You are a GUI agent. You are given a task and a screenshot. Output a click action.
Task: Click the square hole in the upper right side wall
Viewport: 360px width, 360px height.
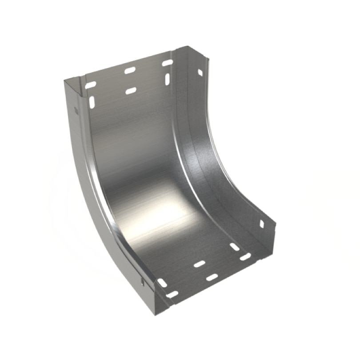pyautogui.click(x=200, y=72)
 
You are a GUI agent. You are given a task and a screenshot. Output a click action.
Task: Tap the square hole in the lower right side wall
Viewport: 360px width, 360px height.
pyautogui.click(x=261, y=224)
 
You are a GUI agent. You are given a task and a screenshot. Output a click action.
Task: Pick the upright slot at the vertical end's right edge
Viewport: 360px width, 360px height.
pyautogui.click(x=167, y=79)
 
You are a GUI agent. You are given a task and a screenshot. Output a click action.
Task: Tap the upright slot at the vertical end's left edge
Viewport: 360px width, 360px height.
pyautogui.click(x=92, y=102)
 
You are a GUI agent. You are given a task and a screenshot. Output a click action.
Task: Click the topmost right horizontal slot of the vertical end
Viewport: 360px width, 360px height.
pyautogui.click(x=167, y=63)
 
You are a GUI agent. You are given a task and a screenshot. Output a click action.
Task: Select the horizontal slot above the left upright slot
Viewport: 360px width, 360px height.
pyautogui.click(x=91, y=84)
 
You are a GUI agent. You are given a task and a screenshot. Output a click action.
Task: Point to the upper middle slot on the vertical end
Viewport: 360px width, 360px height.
pyautogui.click(x=130, y=70)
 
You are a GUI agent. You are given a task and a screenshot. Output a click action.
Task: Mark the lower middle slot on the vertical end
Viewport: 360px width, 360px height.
pyautogui.click(x=130, y=91)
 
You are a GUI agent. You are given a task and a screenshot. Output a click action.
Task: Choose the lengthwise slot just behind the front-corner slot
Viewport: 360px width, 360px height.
pyautogui.click(x=162, y=283)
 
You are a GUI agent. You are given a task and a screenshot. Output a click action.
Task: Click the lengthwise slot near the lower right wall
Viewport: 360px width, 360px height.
pyautogui.click(x=234, y=247)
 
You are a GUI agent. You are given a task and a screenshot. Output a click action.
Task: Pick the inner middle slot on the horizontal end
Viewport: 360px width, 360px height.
pyautogui.click(x=200, y=264)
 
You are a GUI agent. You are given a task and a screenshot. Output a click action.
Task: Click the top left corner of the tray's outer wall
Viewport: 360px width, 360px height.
pyautogui.click(x=64, y=80)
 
